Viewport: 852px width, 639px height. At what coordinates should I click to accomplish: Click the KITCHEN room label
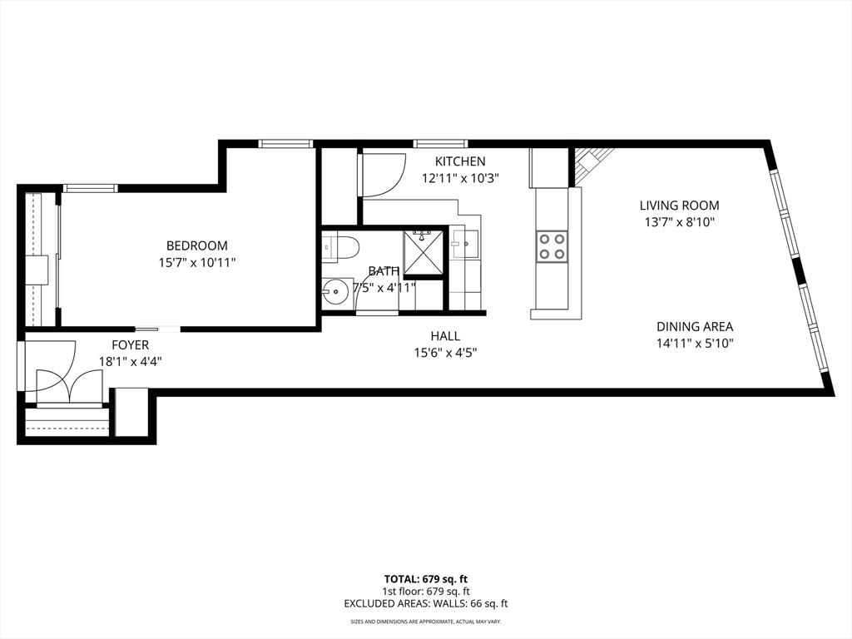point(459,161)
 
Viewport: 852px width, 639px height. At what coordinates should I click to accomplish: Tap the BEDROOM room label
point(196,245)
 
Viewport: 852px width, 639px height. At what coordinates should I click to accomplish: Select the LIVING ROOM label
point(679,206)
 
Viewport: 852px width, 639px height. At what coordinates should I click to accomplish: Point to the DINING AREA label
point(695,326)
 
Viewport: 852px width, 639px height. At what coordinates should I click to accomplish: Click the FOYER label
point(131,345)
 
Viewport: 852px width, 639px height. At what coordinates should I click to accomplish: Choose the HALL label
point(446,336)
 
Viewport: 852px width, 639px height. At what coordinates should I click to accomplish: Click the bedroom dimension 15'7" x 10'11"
point(196,263)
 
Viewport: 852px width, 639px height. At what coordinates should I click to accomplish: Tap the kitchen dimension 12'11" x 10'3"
point(460,178)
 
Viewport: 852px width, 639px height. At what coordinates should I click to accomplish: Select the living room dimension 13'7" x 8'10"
point(679,222)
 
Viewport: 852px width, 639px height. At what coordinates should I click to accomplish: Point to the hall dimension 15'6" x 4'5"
point(446,353)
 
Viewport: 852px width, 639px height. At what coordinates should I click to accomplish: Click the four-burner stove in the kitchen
point(552,246)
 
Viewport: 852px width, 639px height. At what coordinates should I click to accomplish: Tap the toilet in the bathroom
point(340,248)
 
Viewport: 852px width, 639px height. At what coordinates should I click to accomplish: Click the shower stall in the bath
point(424,253)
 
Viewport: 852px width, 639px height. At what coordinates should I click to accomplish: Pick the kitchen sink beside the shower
point(465,243)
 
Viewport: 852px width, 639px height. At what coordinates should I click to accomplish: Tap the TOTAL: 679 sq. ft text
point(425,579)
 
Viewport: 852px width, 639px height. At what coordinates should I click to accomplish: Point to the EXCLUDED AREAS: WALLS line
point(425,603)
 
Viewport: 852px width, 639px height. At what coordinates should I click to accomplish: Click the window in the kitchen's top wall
point(440,143)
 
